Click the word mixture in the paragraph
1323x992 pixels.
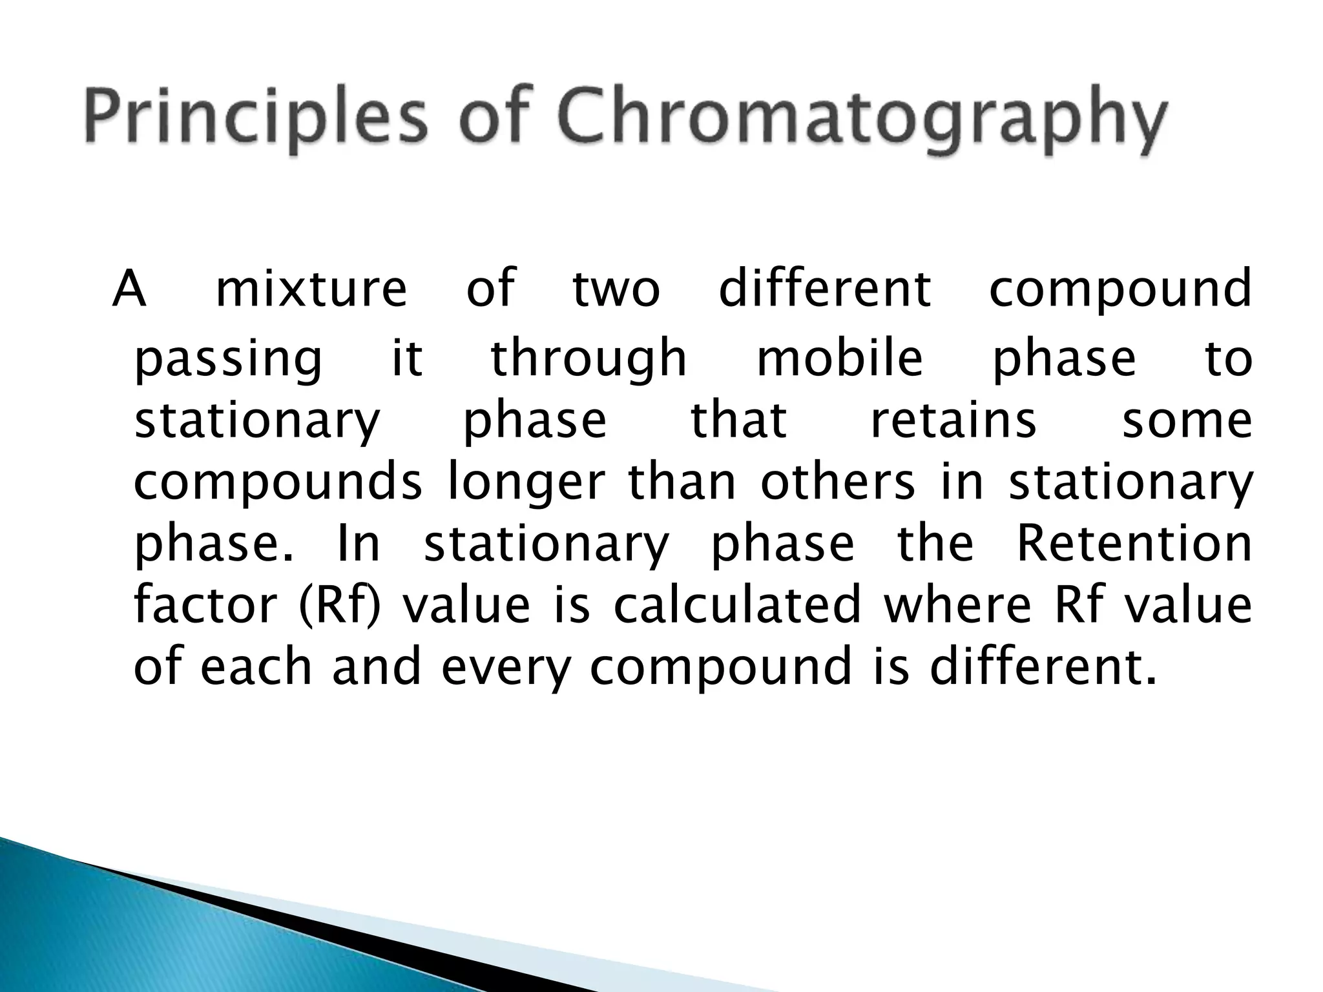tap(311, 289)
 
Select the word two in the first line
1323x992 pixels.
tap(616, 289)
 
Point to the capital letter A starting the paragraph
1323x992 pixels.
tap(129, 289)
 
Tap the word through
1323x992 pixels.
tap(589, 359)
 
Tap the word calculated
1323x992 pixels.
tap(737, 605)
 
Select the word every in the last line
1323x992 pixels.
tap(506, 668)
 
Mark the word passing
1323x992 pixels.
tap(227, 360)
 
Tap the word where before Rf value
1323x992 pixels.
tap(957, 605)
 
